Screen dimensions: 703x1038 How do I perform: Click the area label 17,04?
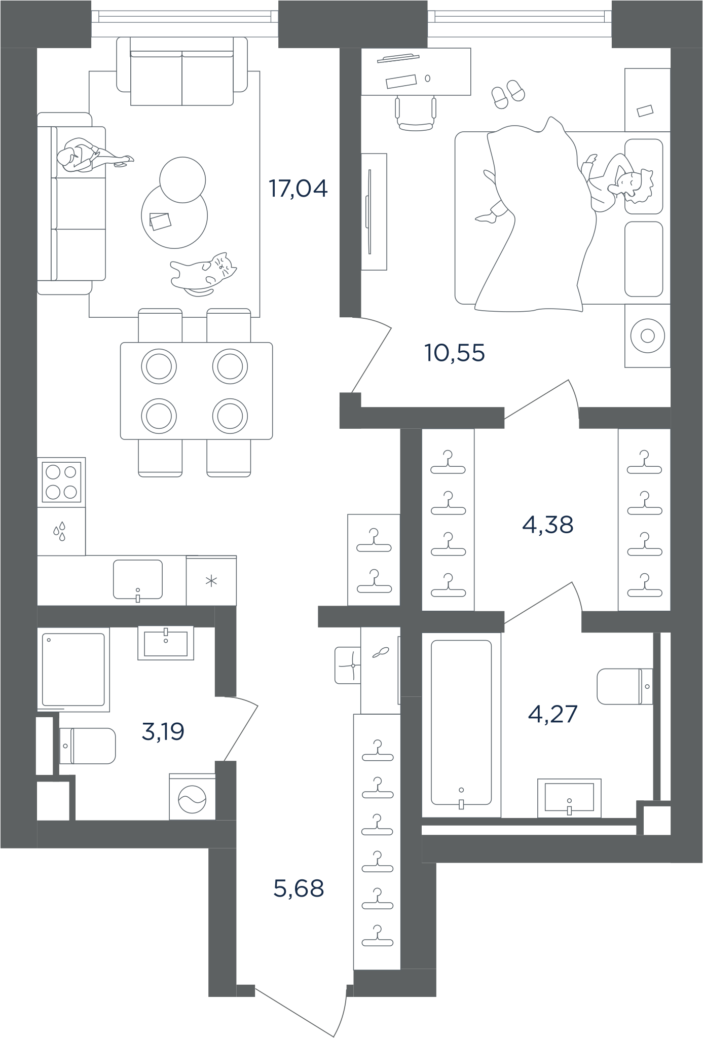point(298,189)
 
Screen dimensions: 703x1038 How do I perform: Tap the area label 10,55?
point(455,353)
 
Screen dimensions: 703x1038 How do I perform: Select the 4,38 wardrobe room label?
point(547,525)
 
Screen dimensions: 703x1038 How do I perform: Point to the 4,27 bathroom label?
point(552,714)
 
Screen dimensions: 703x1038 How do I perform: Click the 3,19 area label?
point(163,732)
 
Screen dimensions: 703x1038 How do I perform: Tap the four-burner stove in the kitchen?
point(61,482)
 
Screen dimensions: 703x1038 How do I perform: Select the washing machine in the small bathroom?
point(192,797)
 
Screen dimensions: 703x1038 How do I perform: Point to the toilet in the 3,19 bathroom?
point(87,746)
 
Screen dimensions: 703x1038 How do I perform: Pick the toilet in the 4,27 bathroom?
point(625,687)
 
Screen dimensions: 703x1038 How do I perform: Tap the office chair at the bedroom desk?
point(416,113)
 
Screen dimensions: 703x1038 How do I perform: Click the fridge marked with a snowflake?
point(211,581)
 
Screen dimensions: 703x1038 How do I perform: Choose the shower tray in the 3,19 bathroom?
point(73,670)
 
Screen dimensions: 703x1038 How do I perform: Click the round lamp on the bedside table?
point(647,336)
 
